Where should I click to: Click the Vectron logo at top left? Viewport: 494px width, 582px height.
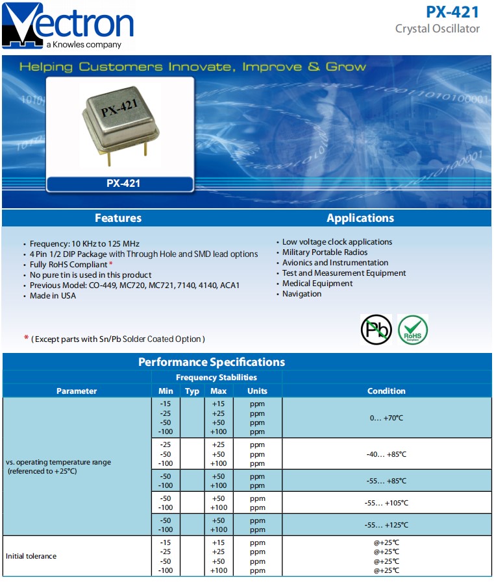68,25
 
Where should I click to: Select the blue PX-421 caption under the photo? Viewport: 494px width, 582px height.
120,184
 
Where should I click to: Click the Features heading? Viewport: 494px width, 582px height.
117,218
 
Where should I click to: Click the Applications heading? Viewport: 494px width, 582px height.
360,218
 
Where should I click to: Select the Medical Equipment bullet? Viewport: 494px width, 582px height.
317,284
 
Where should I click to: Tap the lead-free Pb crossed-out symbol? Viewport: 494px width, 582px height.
376,330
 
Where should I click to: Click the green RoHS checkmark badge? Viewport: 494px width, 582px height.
413,330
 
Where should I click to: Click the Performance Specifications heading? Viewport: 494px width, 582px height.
212,362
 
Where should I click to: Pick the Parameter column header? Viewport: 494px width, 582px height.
77,391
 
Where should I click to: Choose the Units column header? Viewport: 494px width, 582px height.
257,391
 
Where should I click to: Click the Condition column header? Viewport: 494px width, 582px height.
386,391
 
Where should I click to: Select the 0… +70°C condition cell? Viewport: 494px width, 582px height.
386,418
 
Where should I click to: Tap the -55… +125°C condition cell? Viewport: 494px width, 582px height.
386,525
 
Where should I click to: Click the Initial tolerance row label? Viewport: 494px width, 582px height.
31,556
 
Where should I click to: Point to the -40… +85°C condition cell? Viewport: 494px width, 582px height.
386,454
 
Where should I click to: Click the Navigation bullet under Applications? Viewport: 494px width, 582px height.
302,294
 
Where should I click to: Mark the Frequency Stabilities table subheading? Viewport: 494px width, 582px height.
216,377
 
